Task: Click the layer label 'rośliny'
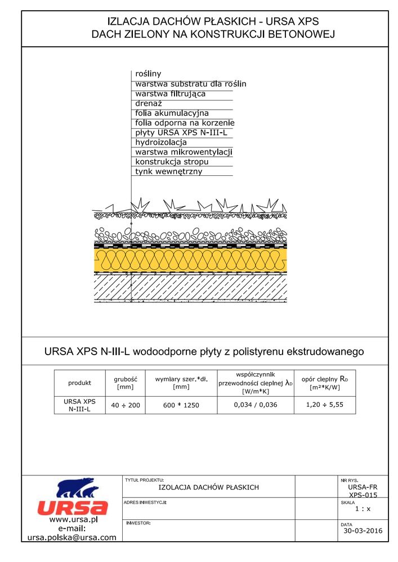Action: click(x=148, y=74)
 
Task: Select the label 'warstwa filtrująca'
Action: click(x=170, y=93)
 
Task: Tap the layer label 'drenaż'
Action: click(x=149, y=103)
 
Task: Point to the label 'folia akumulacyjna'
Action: click(x=172, y=113)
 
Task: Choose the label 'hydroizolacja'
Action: click(x=160, y=142)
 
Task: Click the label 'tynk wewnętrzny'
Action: click(x=168, y=171)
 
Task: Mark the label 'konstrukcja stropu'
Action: click(x=172, y=162)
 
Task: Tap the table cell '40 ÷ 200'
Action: click(x=125, y=405)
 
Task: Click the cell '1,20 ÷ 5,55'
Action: click(x=324, y=405)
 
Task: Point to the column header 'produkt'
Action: click(x=79, y=383)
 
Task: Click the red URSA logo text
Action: click(x=73, y=507)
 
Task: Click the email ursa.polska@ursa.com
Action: click(x=72, y=537)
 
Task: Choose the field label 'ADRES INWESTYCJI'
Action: click(x=145, y=502)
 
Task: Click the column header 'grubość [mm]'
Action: click(x=125, y=383)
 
